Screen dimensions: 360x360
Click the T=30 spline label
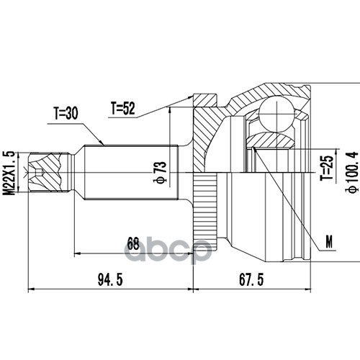pyautogui.click(x=66, y=113)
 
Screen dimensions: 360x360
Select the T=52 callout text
pyautogui.click(x=123, y=108)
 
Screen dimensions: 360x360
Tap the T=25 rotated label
pyautogui.click(x=327, y=167)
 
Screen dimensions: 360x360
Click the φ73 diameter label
pyautogui.click(x=160, y=172)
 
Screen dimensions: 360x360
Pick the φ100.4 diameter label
pyautogui.click(x=352, y=172)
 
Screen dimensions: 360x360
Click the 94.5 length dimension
pyautogui.click(x=110, y=280)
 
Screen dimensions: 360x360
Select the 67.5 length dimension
pyautogui.click(x=251, y=279)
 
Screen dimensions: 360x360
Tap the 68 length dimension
pyautogui.click(x=133, y=244)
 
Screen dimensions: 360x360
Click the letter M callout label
pyautogui.click(x=329, y=242)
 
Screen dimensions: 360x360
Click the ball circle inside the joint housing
pyautogui.click(x=276, y=114)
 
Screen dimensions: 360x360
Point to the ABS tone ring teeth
pyautogui.click(x=205, y=209)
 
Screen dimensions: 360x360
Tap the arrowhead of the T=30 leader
pyautogui.click(x=102, y=143)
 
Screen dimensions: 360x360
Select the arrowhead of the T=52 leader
pyautogui.click(x=190, y=97)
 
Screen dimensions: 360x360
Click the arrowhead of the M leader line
pyautogui.click(x=255, y=150)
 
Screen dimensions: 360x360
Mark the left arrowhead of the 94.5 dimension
pyautogui.click(x=32, y=289)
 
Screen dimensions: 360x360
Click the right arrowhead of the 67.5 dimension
pyautogui.click(x=307, y=289)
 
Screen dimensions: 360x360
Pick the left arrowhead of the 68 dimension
pyautogui.click(x=78, y=253)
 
